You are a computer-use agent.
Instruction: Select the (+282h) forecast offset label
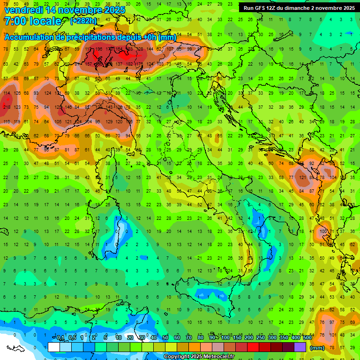coord(84,21)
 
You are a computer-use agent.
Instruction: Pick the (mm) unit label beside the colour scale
coord(317,348)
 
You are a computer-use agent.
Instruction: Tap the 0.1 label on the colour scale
coord(60,338)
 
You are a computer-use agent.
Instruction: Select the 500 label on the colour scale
coord(307,338)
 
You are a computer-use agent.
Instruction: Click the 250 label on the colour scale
coord(260,338)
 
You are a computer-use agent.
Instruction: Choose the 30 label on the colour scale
coord(142,338)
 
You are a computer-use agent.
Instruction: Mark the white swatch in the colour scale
coord(54,347)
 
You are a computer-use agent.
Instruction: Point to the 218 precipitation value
coord(7,108)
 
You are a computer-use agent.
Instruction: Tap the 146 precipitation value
coord(68,107)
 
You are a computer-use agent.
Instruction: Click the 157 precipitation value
coord(88,64)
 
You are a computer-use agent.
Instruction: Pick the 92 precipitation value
coord(311,163)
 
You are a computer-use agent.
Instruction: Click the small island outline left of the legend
coord(15,348)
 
